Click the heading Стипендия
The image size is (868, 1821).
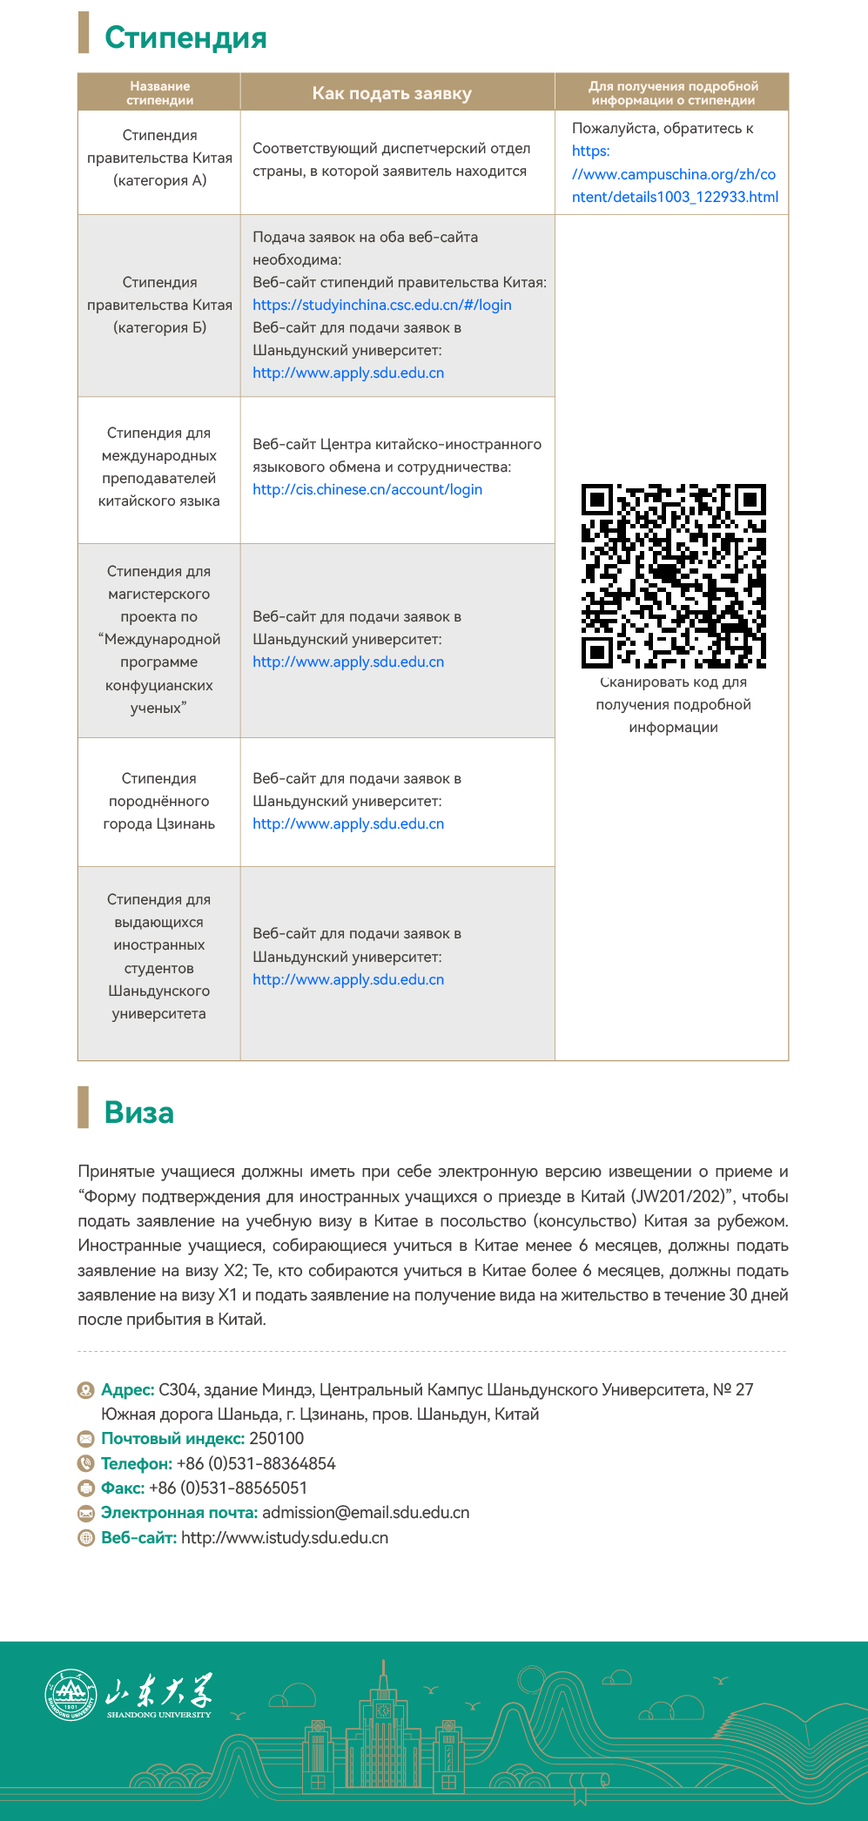click(185, 37)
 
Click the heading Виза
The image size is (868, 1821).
click(139, 1112)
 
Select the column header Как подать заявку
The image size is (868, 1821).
click(392, 93)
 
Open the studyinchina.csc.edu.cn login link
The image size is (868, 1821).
click(381, 305)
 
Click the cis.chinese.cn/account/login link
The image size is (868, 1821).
click(367, 489)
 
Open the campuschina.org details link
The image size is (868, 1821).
click(674, 174)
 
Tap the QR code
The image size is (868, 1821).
click(673, 576)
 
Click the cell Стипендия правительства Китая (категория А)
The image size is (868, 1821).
click(159, 158)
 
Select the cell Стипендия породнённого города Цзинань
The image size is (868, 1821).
click(159, 801)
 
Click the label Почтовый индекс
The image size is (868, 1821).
click(172, 1439)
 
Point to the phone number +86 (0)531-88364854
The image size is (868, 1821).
click(256, 1463)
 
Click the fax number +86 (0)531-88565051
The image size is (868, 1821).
click(228, 1488)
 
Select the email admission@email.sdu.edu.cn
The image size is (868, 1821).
click(366, 1513)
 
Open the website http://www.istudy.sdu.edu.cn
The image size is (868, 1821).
click(285, 1537)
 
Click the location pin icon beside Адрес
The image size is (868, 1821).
click(85, 1390)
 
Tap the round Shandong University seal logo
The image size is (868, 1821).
click(71, 1695)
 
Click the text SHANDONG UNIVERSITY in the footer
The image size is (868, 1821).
click(159, 1715)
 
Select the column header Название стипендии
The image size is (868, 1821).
click(159, 93)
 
